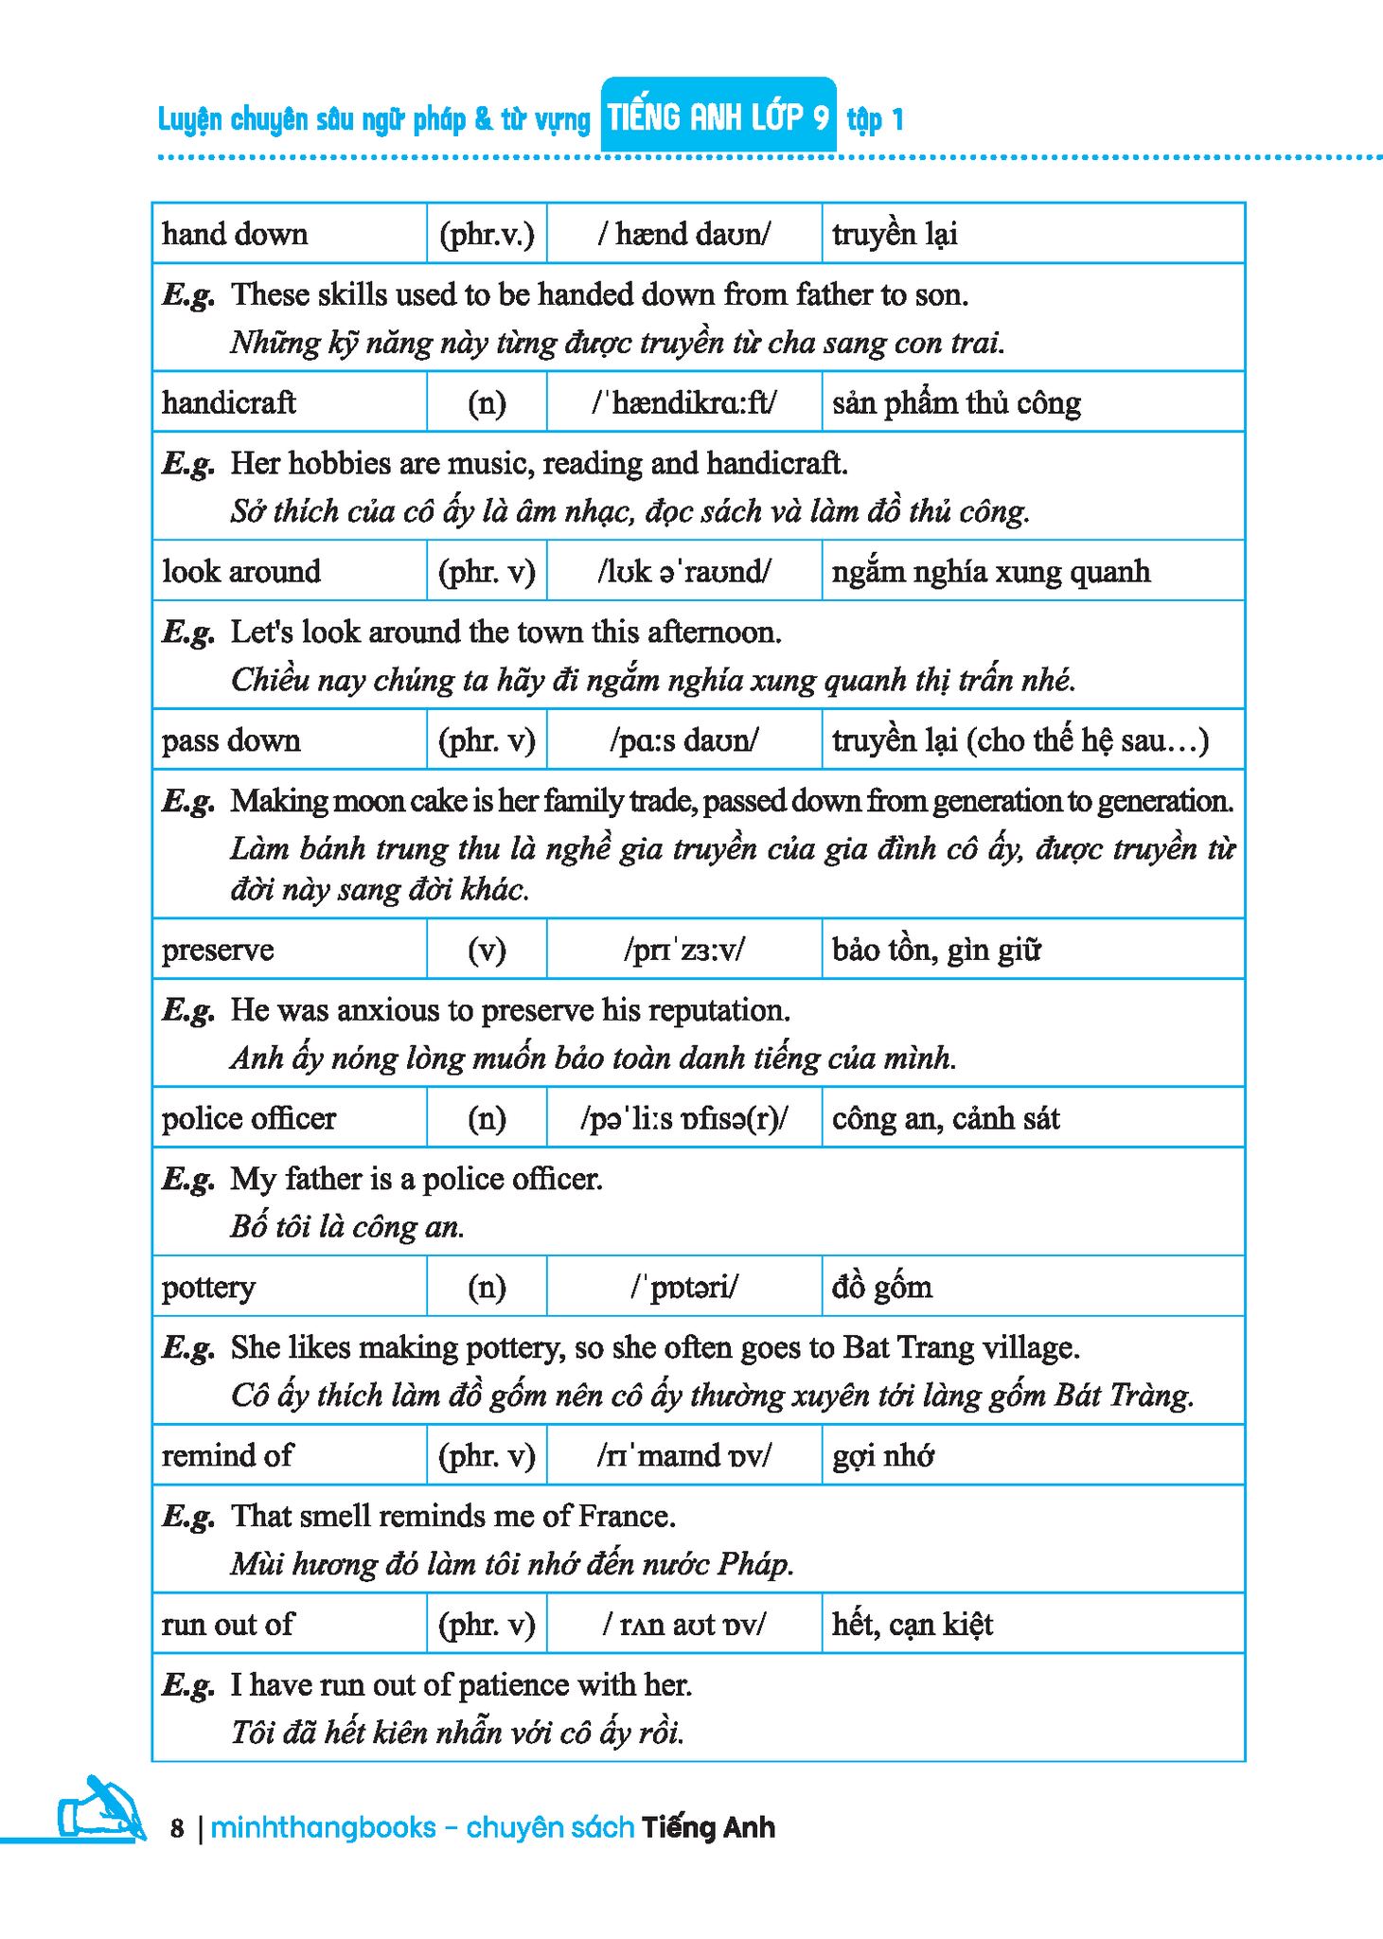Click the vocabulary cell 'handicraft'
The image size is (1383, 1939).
pos(229,402)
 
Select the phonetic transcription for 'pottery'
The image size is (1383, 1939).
pos(684,1287)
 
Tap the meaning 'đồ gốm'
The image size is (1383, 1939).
pos(882,1287)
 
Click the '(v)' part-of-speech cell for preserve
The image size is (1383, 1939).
pos(487,950)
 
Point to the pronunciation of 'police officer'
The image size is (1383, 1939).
pos(683,1118)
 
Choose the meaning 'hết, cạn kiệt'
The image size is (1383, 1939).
pos(913,1624)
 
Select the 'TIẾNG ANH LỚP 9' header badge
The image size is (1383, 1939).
pos(718,117)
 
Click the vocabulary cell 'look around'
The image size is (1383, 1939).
pos(241,571)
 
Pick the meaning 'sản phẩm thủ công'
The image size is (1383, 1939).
pos(956,402)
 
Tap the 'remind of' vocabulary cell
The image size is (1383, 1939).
pos(228,1455)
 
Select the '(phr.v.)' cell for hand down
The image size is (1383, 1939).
pos(487,234)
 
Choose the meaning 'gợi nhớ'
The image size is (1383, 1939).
pos(883,1455)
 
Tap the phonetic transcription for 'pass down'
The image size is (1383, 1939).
pos(683,739)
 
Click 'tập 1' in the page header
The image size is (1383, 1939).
pos(876,119)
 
